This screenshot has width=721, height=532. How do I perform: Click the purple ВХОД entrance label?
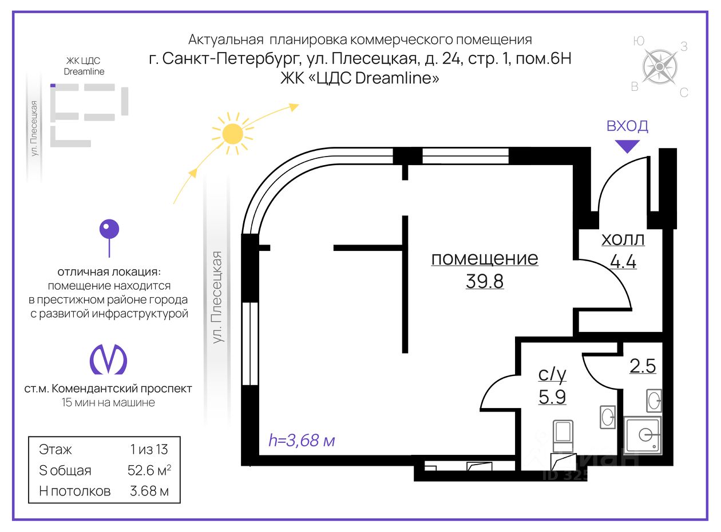pyautogui.click(x=627, y=126)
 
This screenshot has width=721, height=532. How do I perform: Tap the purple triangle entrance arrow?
pyautogui.click(x=628, y=146)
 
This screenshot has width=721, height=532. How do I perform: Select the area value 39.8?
pyautogui.click(x=485, y=281)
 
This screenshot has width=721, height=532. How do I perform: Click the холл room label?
pyautogui.click(x=623, y=239)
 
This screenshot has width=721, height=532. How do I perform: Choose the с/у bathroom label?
pyautogui.click(x=552, y=374)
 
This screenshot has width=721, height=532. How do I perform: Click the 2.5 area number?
pyautogui.click(x=642, y=366)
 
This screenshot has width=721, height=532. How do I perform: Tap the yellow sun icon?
pyautogui.click(x=232, y=134)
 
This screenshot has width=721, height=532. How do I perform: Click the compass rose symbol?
pyautogui.click(x=659, y=67)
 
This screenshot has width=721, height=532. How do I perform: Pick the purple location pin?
pyautogui.click(x=109, y=231)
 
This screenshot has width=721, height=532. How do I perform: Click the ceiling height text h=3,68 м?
pyautogui.click(x=302, y=441)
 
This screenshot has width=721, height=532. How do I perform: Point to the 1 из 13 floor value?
pyautogui.click(x=149, y=449)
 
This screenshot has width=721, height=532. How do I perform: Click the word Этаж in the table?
pyautogui.click(x=56, y=449)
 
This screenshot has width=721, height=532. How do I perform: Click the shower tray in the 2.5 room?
pyautogui.click(x=644, y=435)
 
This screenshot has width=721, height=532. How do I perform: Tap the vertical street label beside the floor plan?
pyautogui.click(x=217, y=297)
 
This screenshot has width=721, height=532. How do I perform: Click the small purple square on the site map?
pyautogui.click(x=53, y=86)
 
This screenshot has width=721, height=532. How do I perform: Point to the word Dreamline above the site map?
pyautogui.click(x=84, y=72)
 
